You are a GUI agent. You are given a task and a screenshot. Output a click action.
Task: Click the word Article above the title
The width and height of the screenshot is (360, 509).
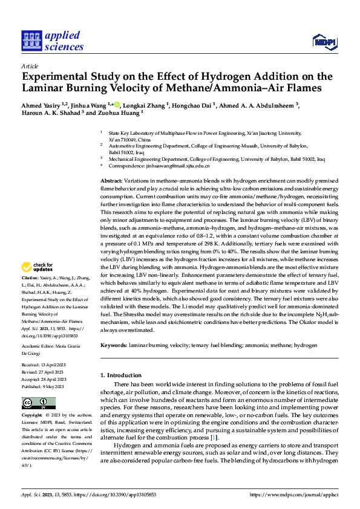coord(30,66)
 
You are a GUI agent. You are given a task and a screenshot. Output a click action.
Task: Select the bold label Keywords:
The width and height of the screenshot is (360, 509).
coord(114,345)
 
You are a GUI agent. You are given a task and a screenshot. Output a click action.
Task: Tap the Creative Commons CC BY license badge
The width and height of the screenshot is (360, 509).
coord(38,403)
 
